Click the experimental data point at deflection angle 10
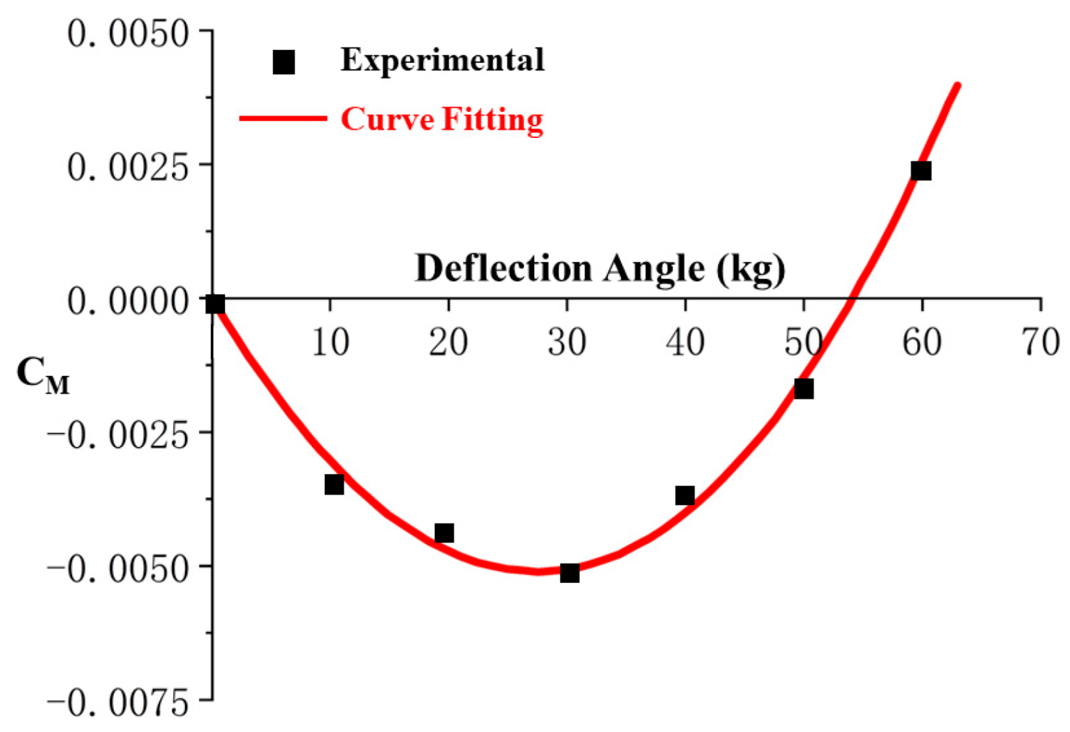pyautogui.click(x=334, y=484)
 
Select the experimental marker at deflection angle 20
pyautogui.click(x=444, y=533)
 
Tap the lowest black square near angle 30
pyautogui.click(x=569, y=573)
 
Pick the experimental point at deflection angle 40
pyautogui.click(x=685, y=496)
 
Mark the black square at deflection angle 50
pyautogui.click(x=804, y=388)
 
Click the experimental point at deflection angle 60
pyautogui.click(x=921, y=171)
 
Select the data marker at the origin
pyautogui.click(x=215, y=304)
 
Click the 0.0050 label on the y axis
pyautogui.click(x=128, y=33)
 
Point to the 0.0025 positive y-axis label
pyautogui.click(x=128, y=167)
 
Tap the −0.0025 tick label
pyautogui.click(x=118, y=435)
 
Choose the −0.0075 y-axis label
pyautogui.click(x=118, y=703)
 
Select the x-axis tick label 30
pyautogui.click(x=567, y=342)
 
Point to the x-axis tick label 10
pyautogui.click(x=331, y=342)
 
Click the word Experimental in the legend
pyautogui.click(x=442, y=60)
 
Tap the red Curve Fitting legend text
pyautogui.click(x=442, y=119)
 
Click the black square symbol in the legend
pyautogui.click(x=284, y=62)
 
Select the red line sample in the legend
pyautogui.click(x=283, y=118)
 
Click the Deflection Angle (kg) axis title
pyautogui.click(x=599, y=267)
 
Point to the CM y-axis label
pyautogui.click(x=42, y=377)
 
